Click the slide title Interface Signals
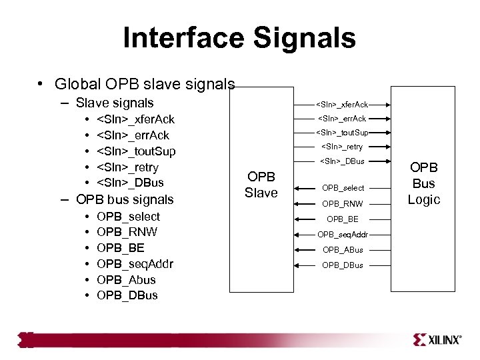[x=239, y=38]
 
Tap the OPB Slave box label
[x=261, y=185]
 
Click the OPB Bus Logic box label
[x=423, y=183]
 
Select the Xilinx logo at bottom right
[x=437, y=340]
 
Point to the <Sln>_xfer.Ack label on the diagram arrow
[x=342, y=105]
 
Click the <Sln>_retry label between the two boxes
[x=342, y=147]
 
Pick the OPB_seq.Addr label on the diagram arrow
[x=342, y=234]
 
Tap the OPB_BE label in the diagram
[x=342, y=219]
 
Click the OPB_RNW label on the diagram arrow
[x=342, y=204]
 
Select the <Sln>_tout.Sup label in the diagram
[x=342, y=132]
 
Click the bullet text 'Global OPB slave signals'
[x=145, y=84]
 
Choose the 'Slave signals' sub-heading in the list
[x=114, y=103]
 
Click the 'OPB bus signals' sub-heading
[x=125, y=199]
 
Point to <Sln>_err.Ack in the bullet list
[x=133, y=135]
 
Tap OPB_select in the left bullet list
[x=128, y=217]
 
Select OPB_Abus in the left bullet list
[x=126, y=279]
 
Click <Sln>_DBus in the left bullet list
[x=130, y=183]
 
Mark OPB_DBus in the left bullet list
[x=127, y=295]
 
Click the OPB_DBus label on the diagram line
[x=342, y=265]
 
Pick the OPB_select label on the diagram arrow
[x=342, y=188]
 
